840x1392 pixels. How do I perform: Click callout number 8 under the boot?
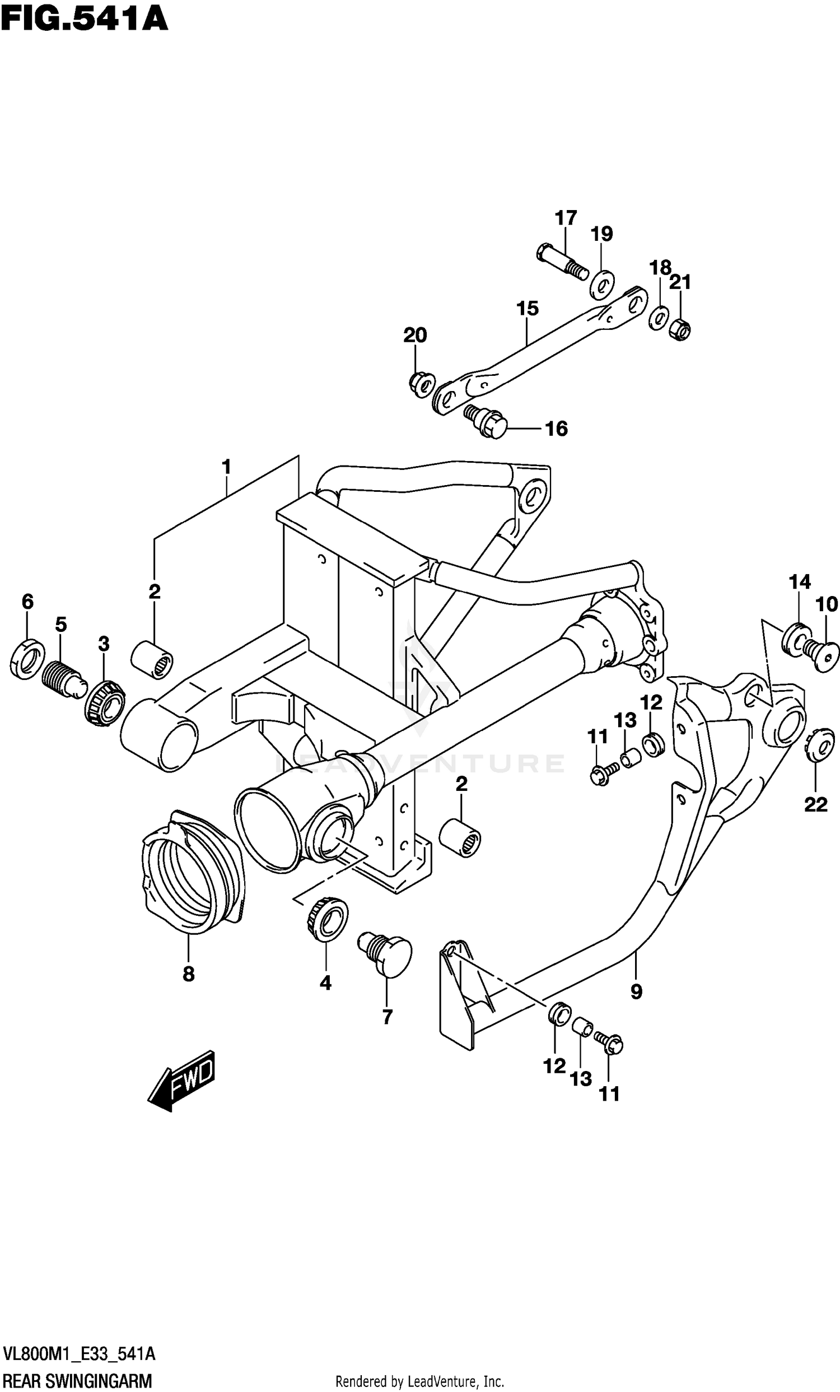point(189,974)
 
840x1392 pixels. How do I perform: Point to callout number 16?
point(556,429)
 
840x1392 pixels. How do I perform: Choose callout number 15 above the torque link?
point(527,309)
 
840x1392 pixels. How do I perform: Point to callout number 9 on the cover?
point(636,991)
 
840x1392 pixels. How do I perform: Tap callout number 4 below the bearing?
point(325,983)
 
